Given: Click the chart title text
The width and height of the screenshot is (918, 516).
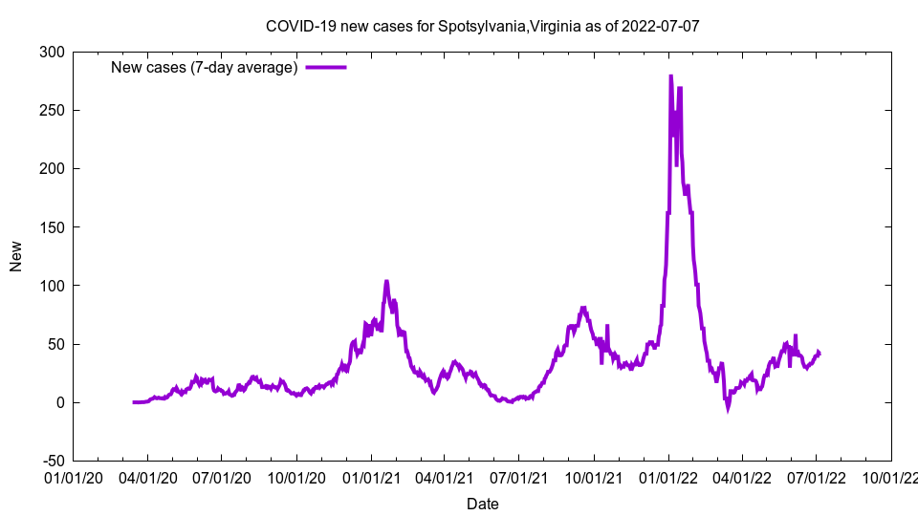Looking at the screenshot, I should point(483,26).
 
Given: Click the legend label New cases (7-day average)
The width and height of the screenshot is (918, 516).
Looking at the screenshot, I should point(205,67).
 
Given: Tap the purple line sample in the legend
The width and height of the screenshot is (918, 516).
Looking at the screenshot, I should point(326,67).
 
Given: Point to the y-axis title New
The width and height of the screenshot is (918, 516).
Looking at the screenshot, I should point(16,256).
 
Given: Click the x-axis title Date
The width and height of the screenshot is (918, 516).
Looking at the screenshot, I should point(482,504).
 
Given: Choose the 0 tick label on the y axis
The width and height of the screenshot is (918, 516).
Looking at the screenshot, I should point(59,402).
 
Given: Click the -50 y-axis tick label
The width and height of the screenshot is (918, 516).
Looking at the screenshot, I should point(51,461).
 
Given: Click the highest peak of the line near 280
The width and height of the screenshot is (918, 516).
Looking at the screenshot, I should point(670,76).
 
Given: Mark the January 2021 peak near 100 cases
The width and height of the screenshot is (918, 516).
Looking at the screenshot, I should point(386,282).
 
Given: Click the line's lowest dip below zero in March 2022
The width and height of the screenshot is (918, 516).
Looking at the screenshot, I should point(728,408).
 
